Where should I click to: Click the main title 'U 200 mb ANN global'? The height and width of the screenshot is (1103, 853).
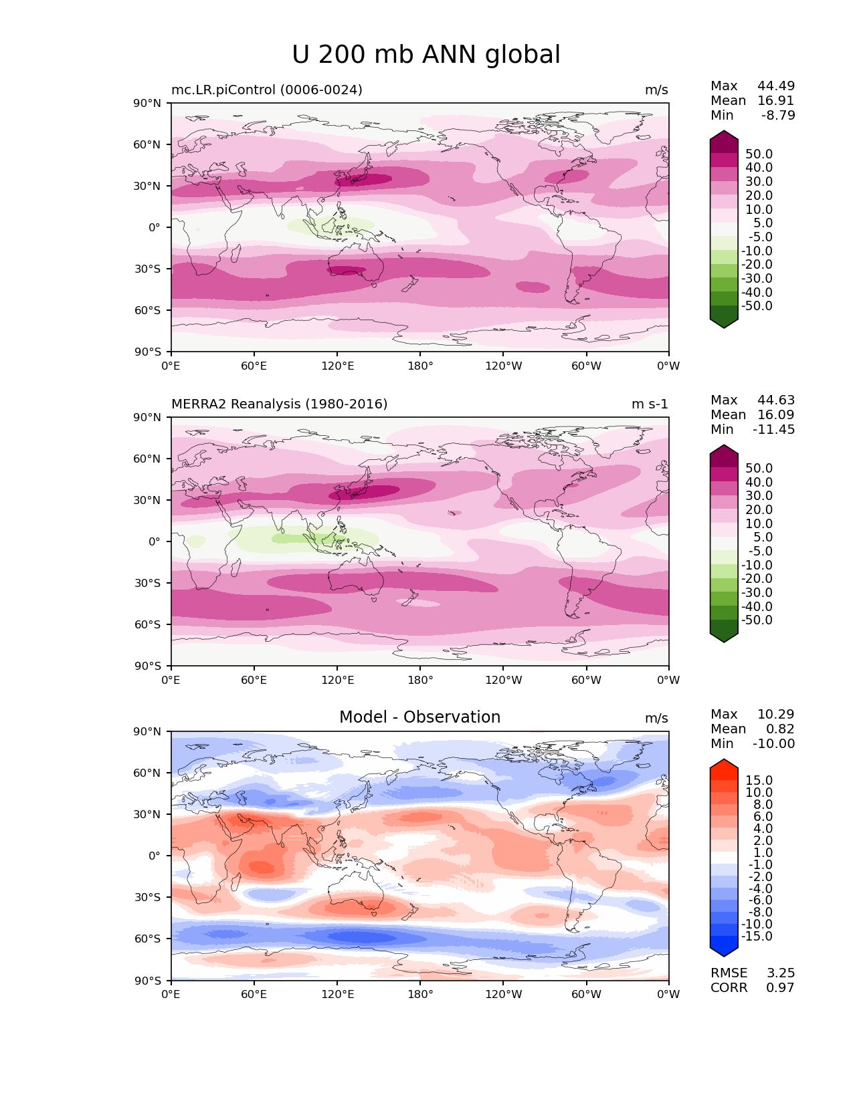coord(426,55)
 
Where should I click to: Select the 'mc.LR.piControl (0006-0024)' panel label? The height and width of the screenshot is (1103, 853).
coord(267,90)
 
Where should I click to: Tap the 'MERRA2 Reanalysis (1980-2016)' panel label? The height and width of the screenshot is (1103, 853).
coord(279,404)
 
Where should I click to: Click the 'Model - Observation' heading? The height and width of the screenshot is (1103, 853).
coord(419,717)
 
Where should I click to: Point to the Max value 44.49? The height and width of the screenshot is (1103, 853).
coord(776,86)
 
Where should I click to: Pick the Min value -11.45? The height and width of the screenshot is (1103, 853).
coord(774,429)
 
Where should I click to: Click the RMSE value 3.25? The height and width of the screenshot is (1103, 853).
coord(780,973)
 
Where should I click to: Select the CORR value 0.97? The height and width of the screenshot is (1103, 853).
coord(780,987)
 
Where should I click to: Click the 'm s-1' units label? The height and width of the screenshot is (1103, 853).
coord(650,404)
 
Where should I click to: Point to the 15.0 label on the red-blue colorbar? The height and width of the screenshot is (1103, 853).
coord(759,780)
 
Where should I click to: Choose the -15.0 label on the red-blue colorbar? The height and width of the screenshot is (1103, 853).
coord(757,936)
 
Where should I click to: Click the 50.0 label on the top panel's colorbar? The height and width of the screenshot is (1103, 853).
coord(759,154)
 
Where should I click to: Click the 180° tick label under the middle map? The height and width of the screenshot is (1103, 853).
coord(420,680)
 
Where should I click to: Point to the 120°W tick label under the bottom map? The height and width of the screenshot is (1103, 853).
coord(503,994)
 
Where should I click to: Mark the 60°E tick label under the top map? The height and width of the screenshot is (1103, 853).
coord(254,366)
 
